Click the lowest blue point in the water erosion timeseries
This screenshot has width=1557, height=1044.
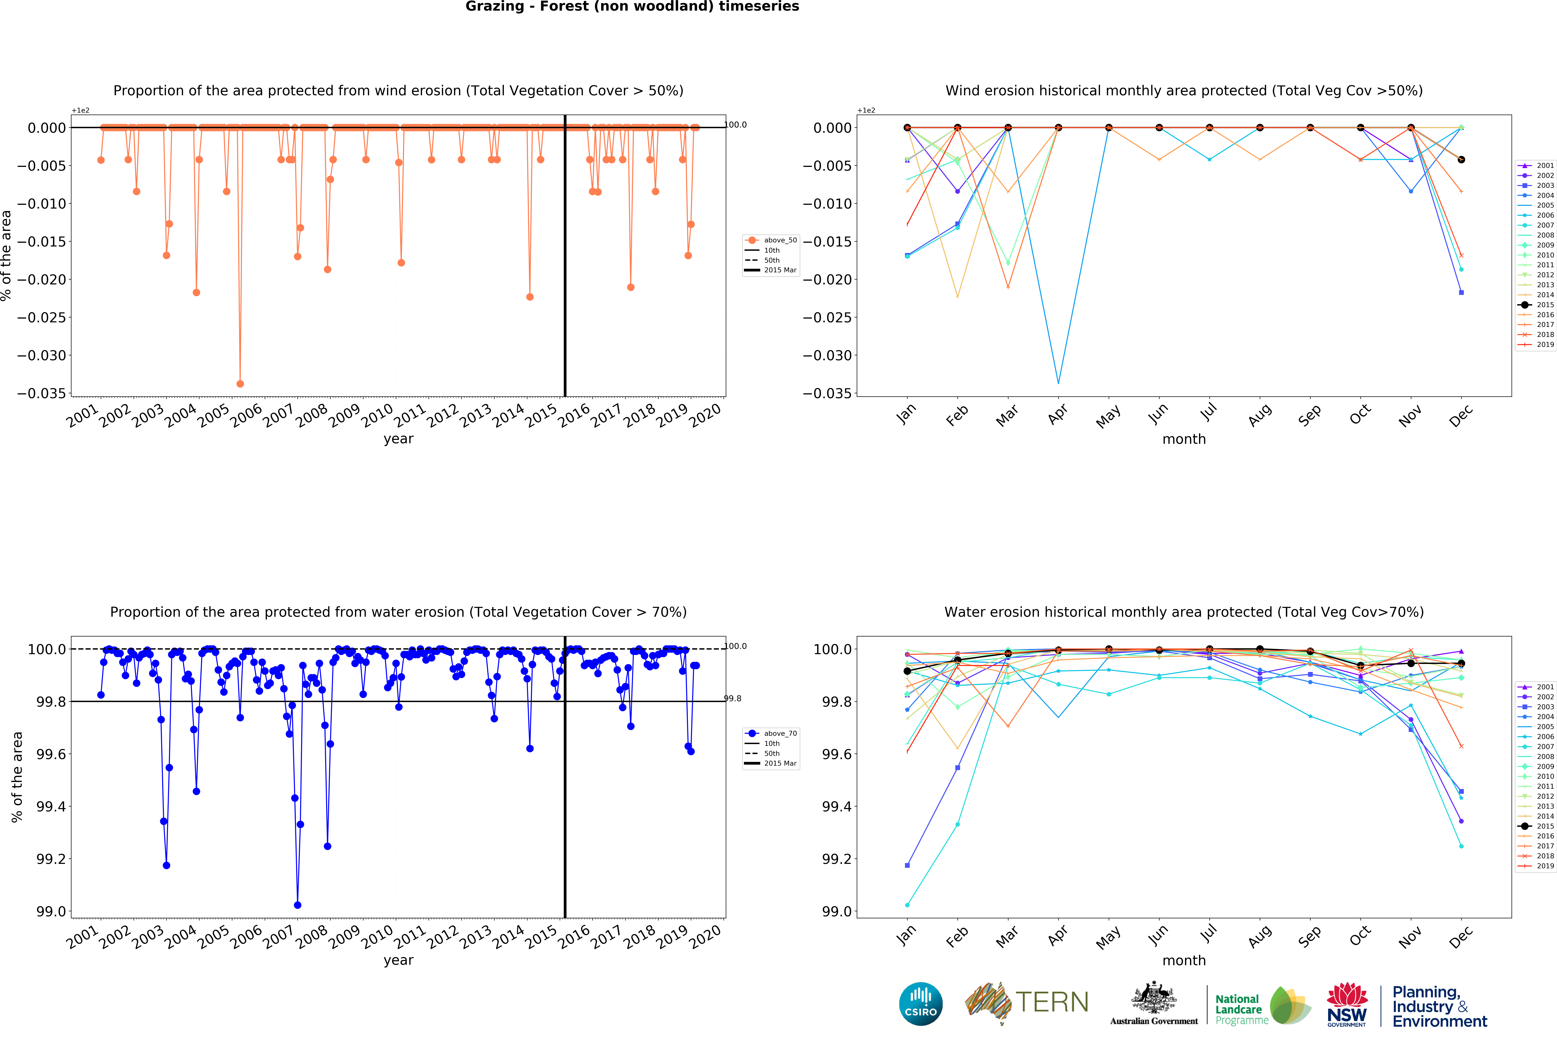click(298, 905)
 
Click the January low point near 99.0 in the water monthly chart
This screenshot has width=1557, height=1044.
click(907, 905)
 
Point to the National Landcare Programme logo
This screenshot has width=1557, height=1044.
click(1262, 1005)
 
